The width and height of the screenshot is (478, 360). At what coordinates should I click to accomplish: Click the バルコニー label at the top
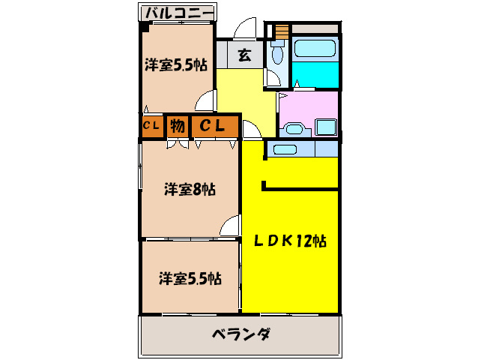pyautogui.click(x=178, y=12)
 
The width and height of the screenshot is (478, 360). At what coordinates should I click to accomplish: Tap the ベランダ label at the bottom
pyautogui.click(x=240, y=334)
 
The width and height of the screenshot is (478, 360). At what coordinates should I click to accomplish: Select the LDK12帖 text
pyautogui.click(x=288, y=241)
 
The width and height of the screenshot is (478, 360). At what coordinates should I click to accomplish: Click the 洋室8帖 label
pyautogui.click(x=190, y=190)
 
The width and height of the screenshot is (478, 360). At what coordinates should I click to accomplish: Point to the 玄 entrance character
pyautogui.click(x=245, y=55)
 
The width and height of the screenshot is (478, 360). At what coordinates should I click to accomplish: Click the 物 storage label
pyautogui.click(x=177, y=127)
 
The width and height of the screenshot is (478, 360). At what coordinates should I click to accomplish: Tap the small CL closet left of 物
pyautogui.click(x=151, y=127)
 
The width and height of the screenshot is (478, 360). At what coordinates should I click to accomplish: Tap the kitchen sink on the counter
pyautogui.click(x=283, y=149)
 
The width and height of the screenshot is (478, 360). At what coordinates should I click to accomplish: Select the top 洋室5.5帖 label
pyautogui.click(x=176, y=65)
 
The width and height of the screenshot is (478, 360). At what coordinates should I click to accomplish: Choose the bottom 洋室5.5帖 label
pyautogui.click(x=190, y=279)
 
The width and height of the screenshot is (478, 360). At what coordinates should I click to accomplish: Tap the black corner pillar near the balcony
pyautogui.click(x=144, y=27)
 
